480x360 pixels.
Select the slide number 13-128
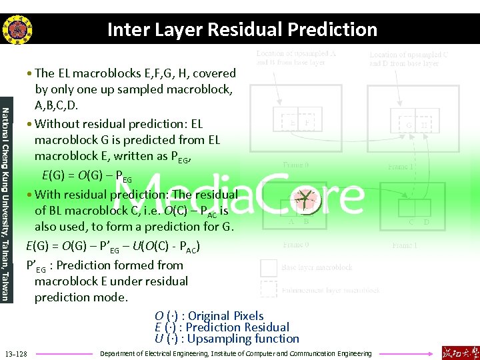click(16, 353)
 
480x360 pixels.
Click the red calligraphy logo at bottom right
click(459, 352)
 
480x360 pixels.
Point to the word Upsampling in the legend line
click(221, 338)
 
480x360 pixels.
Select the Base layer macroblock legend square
click(268, 267)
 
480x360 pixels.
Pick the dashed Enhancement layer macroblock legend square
click(268, 289)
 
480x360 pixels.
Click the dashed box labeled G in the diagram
click(408, 123)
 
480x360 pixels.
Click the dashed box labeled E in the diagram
click(291, 123)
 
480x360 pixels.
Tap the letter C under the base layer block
click(411, 222)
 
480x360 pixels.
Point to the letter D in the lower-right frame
click(427, 222)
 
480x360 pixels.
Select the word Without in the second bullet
click(58, 124)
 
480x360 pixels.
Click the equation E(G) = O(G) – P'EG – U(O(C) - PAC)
click(113, 247)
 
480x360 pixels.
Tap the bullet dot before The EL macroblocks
click(31, 74)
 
